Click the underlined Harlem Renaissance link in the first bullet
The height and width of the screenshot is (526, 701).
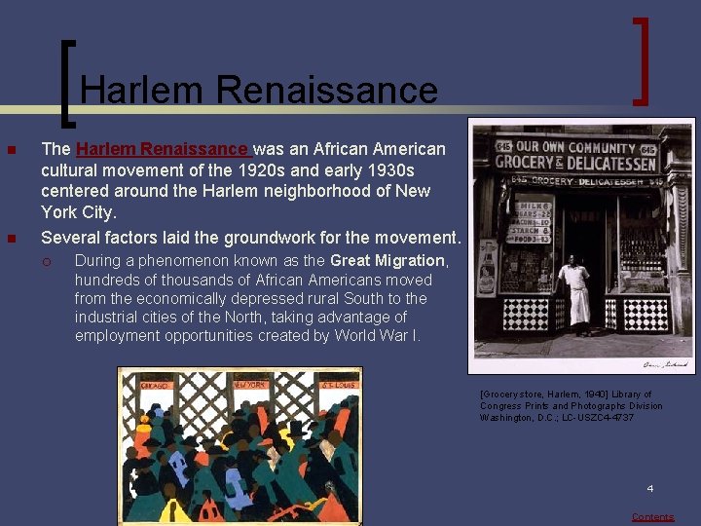162,149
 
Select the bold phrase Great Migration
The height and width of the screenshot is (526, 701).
387,260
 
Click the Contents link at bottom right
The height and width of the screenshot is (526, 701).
652,517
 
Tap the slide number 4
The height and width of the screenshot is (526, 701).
650,488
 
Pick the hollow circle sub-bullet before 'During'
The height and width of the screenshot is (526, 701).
57,261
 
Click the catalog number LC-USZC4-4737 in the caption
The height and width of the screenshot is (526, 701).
598,418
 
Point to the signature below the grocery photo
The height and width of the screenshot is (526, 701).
665,365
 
